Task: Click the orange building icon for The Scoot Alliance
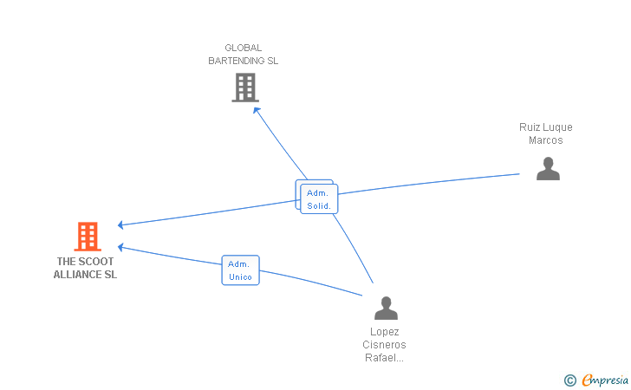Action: click(88, 237)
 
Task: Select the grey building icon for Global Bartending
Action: click(245, 88)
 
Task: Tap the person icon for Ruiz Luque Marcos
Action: click(548, 168)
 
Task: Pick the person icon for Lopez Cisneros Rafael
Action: click(386, 309)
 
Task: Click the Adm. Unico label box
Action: click(241, 270)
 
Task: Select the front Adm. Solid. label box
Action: click(319, 199)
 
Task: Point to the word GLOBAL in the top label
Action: click(243, 49)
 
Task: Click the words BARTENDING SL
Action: click(243, 62)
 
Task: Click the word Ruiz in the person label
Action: click(530, 127)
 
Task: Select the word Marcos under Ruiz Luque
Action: click(546, 140)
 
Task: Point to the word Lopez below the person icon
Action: click(385, 332)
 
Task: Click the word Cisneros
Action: click(385, 345)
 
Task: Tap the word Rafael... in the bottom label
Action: click(385, 358)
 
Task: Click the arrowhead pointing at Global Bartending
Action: click(254, 107)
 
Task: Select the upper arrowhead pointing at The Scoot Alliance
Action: click(121, 225)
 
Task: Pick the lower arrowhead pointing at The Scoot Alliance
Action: click(121, 247)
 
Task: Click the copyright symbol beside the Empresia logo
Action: click(569, 380)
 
